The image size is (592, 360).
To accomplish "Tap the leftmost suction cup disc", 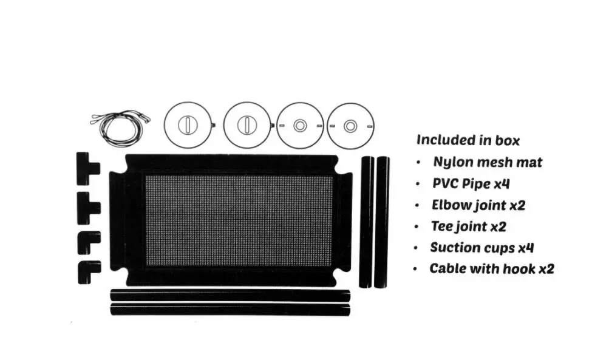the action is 188,126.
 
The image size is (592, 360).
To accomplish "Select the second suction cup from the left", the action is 247,126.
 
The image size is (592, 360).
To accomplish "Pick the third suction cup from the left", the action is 299,126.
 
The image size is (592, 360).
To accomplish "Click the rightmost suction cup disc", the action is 350,126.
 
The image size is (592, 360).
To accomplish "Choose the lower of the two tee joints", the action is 86,208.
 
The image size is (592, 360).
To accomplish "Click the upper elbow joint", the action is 88,242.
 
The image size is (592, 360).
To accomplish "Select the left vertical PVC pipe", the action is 366,222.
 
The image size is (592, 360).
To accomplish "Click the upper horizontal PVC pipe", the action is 230,296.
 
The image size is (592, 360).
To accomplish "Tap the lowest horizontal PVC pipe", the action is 230,309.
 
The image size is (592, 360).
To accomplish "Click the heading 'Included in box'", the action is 468,140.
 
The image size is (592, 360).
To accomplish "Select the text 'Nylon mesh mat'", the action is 487,162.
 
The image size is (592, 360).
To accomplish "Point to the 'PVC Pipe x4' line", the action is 471,183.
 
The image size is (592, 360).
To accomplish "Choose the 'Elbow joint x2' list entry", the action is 478,205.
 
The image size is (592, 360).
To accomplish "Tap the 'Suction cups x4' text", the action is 481,248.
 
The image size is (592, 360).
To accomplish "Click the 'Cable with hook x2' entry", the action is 491,268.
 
